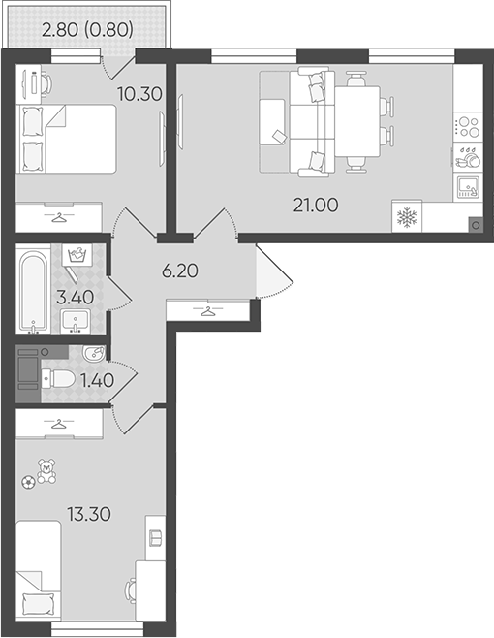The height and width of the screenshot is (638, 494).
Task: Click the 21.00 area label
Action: coord(316,206)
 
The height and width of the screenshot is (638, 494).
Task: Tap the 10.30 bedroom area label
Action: coord(139,94)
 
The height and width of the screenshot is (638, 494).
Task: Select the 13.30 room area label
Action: coord(89,514)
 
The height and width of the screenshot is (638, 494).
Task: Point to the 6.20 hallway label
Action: coord(180,271)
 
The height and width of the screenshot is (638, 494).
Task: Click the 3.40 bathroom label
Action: coord(76,298)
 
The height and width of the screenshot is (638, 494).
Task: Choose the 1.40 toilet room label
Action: coord(97,380)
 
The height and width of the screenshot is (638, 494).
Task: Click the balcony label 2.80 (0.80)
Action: coord(87,29)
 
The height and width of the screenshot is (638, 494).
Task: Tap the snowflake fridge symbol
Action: coord(407,217)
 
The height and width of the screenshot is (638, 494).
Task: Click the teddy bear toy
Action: coord(46,471)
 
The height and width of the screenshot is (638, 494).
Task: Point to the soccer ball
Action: coord(28,483)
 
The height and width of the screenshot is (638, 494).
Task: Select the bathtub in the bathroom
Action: coord(33,292)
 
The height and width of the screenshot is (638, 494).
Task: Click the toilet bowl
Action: coord(58,378)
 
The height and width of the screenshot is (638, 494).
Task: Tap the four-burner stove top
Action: coord(468,127)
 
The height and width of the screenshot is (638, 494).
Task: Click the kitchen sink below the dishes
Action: coord(469,187)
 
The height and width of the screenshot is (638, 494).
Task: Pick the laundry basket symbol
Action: coord(77,255)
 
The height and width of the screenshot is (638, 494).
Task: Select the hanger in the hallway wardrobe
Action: coord(208,311)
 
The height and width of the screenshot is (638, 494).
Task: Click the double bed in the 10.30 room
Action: coord(66,140)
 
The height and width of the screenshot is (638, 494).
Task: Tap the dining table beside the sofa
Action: coord(357,121)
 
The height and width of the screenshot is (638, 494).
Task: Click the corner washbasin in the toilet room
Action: coord(94,353)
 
